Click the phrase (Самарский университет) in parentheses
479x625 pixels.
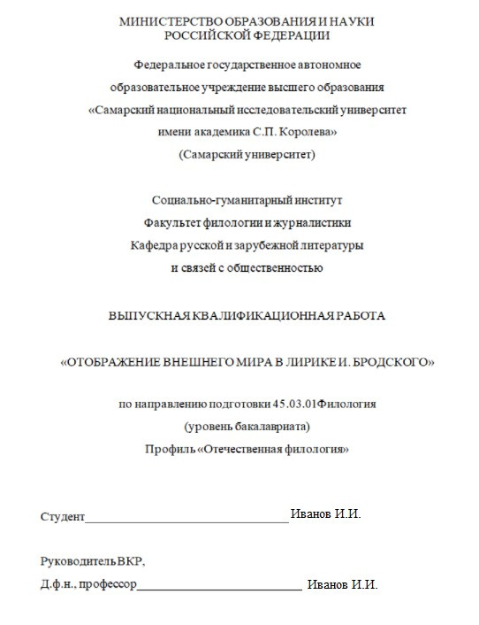(247, 154)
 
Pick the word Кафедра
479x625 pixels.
(152, 243)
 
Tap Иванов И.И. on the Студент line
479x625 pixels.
(326, 514)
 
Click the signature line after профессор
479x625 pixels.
(220, 589)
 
